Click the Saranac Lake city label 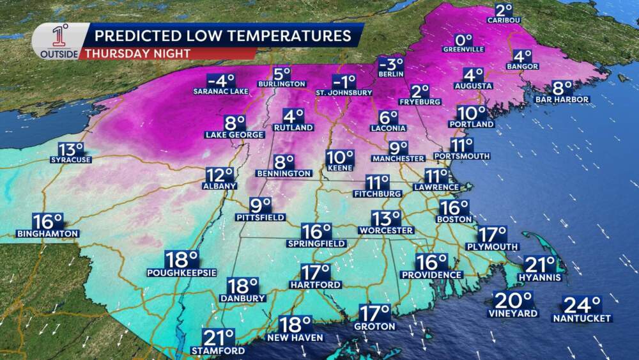click(220, 91)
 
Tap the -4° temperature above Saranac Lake click(222, 81)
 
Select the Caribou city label click(504, 20)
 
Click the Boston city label click(454, 219)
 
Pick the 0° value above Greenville click(463, 39)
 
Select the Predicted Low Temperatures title click(219, 35)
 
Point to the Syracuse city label click(70, 159)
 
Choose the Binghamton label click(47, 233)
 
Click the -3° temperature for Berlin click(391, 65)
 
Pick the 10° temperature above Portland click(472, 113)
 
